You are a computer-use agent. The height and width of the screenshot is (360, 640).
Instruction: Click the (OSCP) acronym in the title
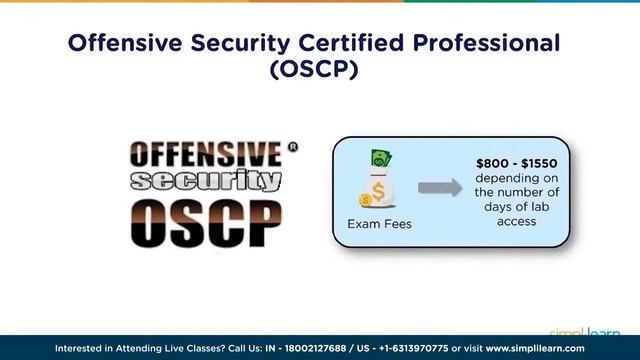click(x=319, y=73)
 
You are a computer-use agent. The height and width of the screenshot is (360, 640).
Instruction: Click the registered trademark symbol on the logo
click(x=292, y=147)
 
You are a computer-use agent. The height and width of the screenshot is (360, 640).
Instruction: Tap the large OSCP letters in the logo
click(x=207, y=222)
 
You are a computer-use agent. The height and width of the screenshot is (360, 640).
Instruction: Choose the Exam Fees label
click(x=379, y=223)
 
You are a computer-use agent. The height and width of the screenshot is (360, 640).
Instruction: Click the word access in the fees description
click(x=516, y=220)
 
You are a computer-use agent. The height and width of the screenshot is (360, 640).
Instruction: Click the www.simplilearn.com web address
click(x=535, y=349)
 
